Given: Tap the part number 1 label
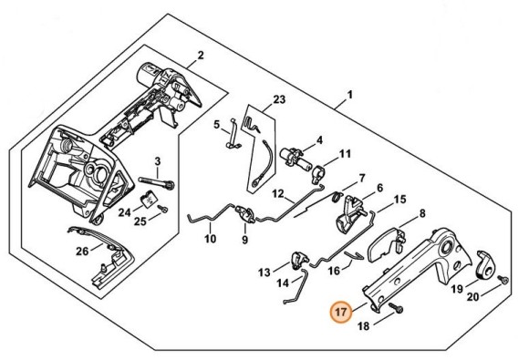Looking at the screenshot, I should tap(349, 94).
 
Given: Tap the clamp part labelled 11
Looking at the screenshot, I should tap(322, 170).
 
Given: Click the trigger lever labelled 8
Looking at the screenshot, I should tap(388, 243).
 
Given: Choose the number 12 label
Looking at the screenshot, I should tap(276, 193).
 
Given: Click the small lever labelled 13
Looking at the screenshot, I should tap(298, 262).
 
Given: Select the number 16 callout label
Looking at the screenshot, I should tap(334, 270).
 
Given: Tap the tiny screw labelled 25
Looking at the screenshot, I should tap(162, 210).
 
